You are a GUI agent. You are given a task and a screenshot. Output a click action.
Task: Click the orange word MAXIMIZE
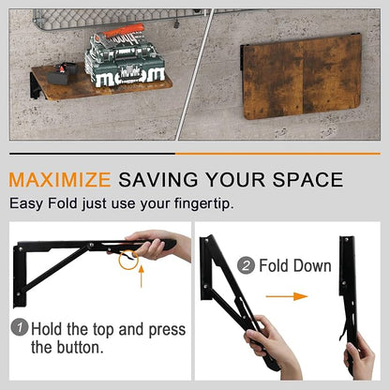coord(60,179)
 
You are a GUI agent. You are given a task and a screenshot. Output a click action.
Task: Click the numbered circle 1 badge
coord(20,327)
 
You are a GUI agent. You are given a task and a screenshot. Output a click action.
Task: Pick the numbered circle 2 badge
coord(246,265)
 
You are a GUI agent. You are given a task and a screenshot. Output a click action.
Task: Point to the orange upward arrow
coord(142,276)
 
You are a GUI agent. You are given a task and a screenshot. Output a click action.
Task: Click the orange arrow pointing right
coord(287,296)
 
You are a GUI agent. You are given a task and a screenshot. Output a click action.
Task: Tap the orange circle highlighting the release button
coord(128,259)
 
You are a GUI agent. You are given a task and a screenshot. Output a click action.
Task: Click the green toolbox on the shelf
coord(125,64)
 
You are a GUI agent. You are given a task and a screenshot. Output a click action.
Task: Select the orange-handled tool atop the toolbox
coord(124,31)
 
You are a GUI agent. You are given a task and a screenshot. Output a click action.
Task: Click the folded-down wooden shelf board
coord(302,76)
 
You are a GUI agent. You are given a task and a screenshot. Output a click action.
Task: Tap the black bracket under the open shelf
coord(37,86)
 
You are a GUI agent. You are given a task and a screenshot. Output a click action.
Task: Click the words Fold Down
coord(295,265)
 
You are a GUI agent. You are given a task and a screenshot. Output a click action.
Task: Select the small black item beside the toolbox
coord(62,74)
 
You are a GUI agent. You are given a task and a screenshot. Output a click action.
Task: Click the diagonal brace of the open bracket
coord(53,270)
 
